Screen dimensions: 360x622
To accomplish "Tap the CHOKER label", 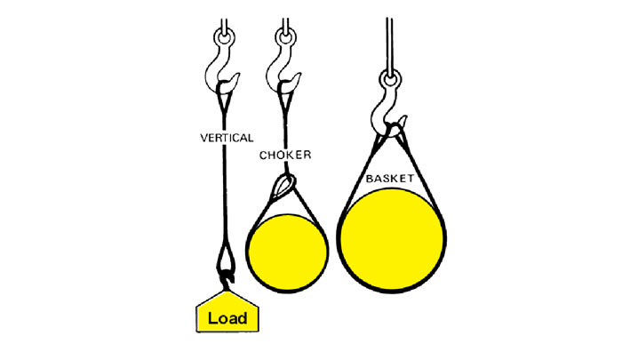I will pyautogui.click(x=284, y=156).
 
